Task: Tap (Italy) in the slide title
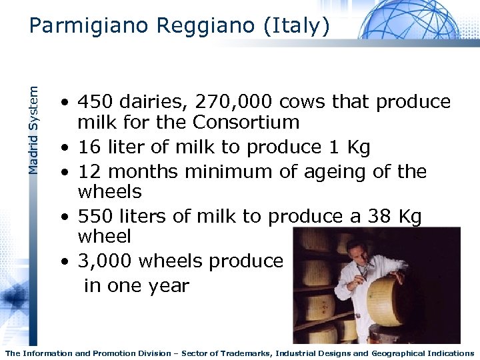click(296, 26)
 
